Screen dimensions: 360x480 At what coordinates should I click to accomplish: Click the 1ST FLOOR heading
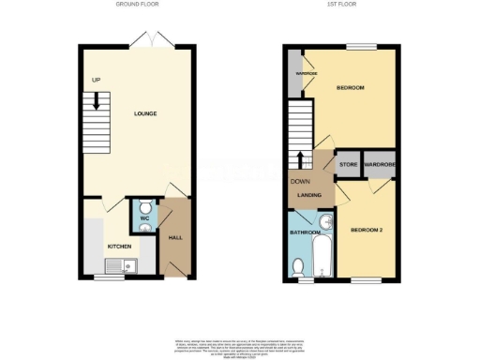point(339,5)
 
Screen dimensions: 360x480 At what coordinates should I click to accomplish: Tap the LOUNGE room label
point(145,114)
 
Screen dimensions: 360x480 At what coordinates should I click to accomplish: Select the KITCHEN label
point(119,246)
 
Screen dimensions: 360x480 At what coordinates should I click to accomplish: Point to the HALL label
point(174,238)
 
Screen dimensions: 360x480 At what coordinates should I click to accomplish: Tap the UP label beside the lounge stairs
point(96,81)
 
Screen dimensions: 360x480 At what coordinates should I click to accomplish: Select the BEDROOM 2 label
point(367,230)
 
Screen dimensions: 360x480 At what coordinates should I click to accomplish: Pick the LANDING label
point(309,195)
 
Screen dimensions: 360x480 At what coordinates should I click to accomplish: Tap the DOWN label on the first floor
point(300,182)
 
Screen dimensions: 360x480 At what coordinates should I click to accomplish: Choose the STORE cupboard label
point(349,165)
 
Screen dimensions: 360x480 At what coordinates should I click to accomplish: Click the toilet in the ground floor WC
point(145,208)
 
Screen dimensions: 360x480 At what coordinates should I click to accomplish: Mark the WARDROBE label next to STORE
point(381,165)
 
